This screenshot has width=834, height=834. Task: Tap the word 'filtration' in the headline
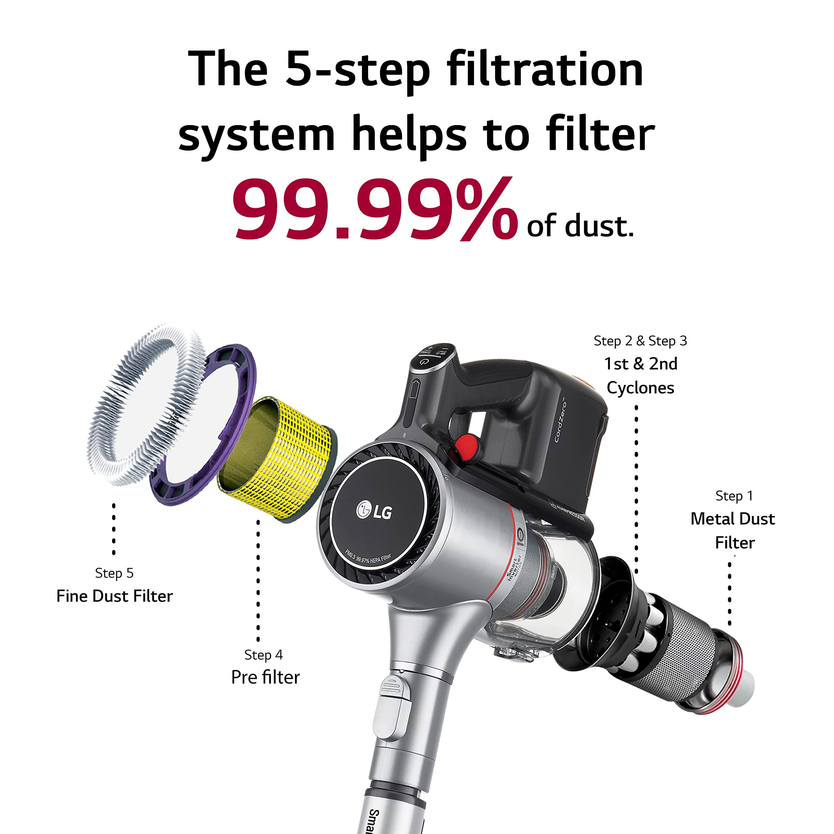pyautogui.click(x=545, y=69)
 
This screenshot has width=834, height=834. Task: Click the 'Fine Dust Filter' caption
pyautogui.click(x=114, y=596)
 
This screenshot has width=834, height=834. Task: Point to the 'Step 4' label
pyautogui.click(x=263, y=654)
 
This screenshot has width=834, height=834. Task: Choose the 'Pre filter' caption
pyautogui.click(x=265, y=677)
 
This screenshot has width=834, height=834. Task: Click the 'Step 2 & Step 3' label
pyautogui.click(x=640, y=341)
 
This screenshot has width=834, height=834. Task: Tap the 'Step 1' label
pyautogui.click(x=734, y=496)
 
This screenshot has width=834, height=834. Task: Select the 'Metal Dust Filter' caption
pyautogui.click(x=733, y=530)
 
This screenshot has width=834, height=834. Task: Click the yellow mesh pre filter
pyautogui.click(x=285, y=458)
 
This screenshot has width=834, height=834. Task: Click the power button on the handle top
pyautogui.click(x=424, y=362)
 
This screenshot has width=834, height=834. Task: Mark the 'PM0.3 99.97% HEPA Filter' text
pyautogui.click(x=368, y=559)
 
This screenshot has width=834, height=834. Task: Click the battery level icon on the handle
pyautogui.click(x=414, y=389)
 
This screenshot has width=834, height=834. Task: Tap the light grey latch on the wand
pyautogui.click(x=393, y=708)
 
